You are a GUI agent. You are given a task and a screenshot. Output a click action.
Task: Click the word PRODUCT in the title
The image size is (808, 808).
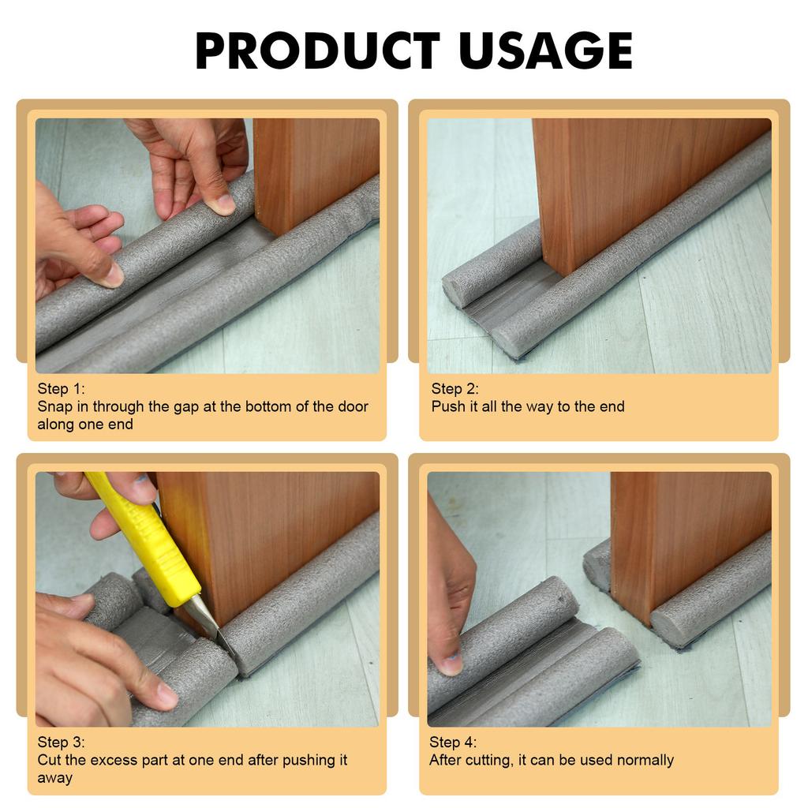[x=317, y=50]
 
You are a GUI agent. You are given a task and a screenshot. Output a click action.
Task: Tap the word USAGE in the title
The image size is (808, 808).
[x=546, y=50]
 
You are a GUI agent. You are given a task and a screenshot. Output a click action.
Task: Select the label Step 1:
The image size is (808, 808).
[x=62, y=388]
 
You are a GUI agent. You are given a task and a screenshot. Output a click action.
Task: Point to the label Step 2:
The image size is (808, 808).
[x=454, y=388]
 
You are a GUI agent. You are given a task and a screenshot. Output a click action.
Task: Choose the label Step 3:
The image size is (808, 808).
[x=62, y=742]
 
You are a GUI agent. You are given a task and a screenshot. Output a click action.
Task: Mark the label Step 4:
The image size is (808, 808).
[x=453, y=742]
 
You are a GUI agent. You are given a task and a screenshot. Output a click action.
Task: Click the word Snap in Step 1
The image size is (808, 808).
[x=55, y=407]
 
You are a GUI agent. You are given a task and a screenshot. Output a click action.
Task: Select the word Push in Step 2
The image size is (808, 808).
[x=448, y=406]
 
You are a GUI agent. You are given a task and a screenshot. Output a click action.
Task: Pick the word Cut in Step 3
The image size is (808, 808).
[x=49, y=760]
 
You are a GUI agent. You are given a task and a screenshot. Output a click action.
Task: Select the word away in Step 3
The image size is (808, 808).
[x=55, y=779]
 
